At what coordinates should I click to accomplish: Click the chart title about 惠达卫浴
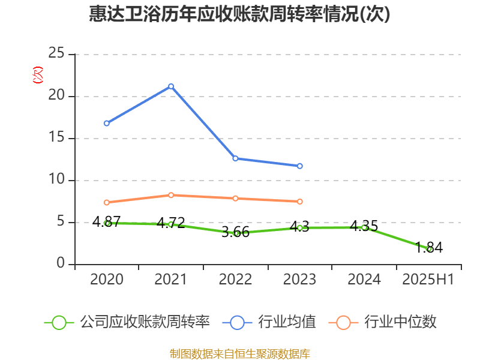click(x=239, y=14)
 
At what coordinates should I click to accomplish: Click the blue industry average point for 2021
click(x=171, y=86)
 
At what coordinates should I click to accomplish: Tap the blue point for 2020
click(x=106, y=123)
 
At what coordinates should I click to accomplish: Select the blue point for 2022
click(x=235, y=158)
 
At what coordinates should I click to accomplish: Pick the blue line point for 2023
click(x=300, y=166)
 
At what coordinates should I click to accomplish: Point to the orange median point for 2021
click(x=171, y=195)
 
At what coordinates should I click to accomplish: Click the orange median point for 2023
click(x=300, y=202)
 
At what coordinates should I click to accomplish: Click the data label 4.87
click(x=107, y=221)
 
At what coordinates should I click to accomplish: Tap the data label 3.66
click(x=235, y=232)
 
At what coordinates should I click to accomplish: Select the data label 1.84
click(x=429, y=247)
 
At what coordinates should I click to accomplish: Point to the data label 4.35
click(x=364, y=226)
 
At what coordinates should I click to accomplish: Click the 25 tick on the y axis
click(x=56, y=54)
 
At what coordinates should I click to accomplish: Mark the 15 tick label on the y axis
click(x=56, y=138)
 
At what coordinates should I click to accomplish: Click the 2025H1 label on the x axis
click(x=428, y=280)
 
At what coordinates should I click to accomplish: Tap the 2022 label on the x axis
click(x=235, y=280)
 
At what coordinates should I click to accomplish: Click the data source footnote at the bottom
click(x=240, y=353)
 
